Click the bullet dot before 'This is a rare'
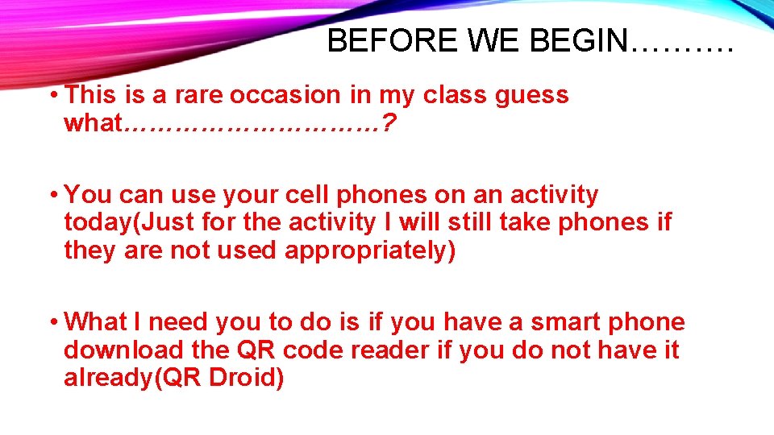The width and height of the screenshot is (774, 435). (x=52, y=96)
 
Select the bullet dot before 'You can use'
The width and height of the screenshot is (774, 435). (x=52, y=196)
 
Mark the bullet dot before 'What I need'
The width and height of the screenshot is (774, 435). (x=52, y=323)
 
